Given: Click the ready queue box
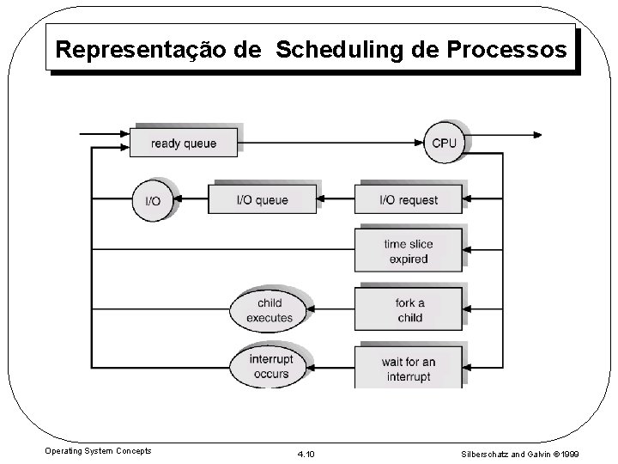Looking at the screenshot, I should coord(184,143).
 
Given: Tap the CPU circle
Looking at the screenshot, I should coord(444,143).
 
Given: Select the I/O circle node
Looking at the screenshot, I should coord(152,200).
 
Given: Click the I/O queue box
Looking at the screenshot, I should coord(262,200).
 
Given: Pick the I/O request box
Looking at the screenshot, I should coord(409,200).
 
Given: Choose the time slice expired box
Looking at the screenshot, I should coord(409,251).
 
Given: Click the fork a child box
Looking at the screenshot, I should coord(409,309).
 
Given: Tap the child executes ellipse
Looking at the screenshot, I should coord(269,309).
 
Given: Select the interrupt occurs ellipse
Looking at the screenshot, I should coord(269,365).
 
